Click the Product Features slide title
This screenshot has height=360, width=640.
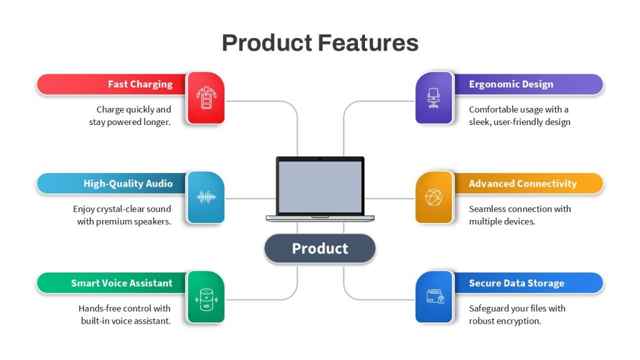coord(320,43)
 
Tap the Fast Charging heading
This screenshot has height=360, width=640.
coord(140,84)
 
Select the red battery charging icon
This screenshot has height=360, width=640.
coord(206,98)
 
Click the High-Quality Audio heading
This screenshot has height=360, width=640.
coord(127,184)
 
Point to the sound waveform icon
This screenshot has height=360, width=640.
coord(206,197)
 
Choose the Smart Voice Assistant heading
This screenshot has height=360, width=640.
coord(122,283)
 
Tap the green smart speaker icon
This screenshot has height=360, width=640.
coord(206,299)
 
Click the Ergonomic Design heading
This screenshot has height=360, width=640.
coord(511,84)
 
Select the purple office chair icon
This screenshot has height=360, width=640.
coord(434,98)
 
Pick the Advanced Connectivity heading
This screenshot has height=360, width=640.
coord(522,184)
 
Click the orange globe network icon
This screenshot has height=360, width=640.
coord(434,197)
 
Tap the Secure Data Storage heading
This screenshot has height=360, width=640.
coord(516,283)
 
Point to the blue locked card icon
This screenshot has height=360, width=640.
coord(435,297)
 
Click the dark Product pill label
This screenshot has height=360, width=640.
coord(320,249)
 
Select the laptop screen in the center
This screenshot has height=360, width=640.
coord(320,186)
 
